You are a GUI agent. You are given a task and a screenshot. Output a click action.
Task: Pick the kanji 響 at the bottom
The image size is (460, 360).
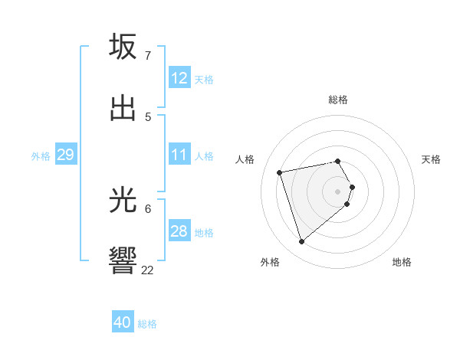[x=123, y=261]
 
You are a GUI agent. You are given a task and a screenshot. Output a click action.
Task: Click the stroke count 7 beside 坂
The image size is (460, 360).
[x=148, y=56]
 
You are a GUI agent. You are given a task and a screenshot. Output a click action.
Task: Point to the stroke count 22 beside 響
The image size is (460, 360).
[x=148, y=270]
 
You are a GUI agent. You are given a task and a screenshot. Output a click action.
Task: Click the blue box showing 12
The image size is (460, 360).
[x=179, y=78]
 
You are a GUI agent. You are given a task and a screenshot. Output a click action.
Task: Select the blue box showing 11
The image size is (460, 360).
[x=179, y=155]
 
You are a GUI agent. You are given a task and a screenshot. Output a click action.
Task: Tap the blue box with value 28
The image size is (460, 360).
[x=179, y=231]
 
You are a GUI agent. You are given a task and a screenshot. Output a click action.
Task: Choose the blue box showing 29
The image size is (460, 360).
[x=65, y=155]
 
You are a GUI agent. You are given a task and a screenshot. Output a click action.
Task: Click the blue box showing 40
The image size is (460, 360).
[x=123, y=322]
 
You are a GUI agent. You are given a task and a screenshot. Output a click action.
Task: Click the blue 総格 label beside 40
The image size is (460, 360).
[x=147, y=324]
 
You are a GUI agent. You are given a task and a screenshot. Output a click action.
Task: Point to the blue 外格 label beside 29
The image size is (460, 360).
[x=41, y=156]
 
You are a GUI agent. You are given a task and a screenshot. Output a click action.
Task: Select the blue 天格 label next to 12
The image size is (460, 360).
[x=203, y=80]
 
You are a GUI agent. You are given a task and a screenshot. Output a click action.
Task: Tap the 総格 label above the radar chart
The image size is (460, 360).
[x=338, y=100]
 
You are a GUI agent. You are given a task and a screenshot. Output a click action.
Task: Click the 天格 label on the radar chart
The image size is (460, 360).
[x=432, y=159]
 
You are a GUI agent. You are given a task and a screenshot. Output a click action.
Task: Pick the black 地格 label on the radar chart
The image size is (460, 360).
[x=402, y=262]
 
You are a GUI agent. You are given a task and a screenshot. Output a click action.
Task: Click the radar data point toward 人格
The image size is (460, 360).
[x=280, y=172]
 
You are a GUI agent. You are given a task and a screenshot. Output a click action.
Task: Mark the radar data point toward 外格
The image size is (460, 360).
[x=302, y=242]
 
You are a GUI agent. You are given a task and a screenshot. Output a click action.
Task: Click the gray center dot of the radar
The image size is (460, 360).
[x=338, y=191]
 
